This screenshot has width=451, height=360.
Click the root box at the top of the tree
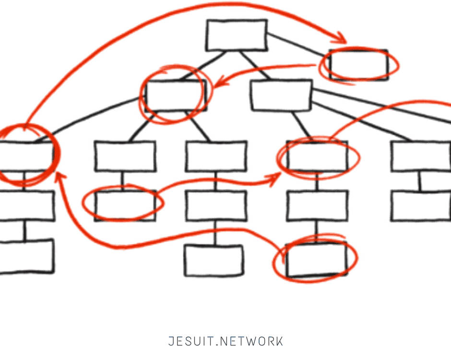click(237, 35)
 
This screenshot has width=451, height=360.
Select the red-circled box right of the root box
click(359, 65)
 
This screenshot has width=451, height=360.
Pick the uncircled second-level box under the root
click(281, 96)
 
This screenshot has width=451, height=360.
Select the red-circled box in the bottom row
click(316, 260)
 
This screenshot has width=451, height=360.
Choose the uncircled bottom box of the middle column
click(214, 261)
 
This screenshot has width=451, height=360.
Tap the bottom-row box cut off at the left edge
click(26, 257)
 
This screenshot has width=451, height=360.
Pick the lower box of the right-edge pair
click(421, 206)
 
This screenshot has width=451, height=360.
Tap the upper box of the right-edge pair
click(421, 156)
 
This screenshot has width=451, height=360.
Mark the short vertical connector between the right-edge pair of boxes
click(420, 181)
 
